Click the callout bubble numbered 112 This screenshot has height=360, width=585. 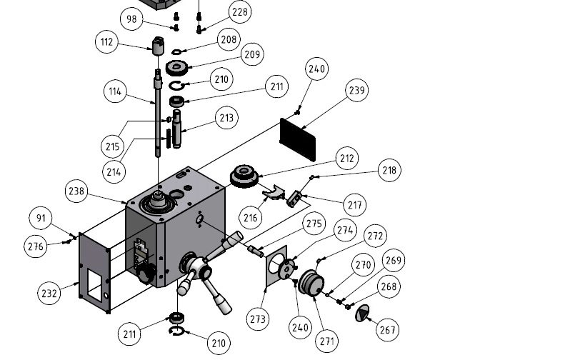106,42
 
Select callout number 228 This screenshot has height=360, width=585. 241,12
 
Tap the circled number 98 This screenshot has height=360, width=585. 131,19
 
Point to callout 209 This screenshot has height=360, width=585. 252,54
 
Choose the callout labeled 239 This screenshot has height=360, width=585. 357,90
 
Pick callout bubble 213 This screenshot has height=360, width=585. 226,118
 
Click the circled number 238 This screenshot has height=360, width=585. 77,191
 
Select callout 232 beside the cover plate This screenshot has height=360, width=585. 49,292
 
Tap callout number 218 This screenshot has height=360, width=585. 389,170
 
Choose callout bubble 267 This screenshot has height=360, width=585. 388,330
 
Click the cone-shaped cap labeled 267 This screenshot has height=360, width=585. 364,312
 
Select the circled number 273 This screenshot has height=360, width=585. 259,317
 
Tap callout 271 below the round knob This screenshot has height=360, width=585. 326,341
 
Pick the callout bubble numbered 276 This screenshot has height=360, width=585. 36,246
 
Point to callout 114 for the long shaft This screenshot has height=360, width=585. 115,92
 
